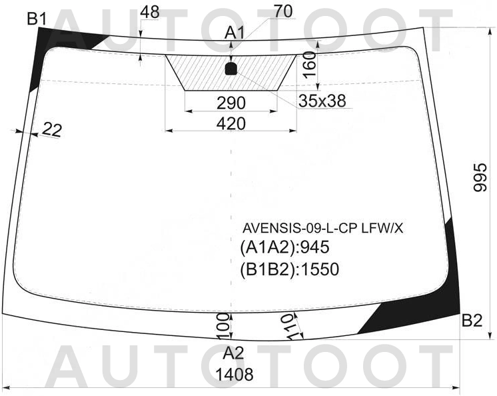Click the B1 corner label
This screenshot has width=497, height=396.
pos(37,19)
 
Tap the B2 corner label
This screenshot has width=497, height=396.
pos(472,320)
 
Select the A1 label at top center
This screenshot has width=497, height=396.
pos(235,33)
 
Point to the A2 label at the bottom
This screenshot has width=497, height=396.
pos(233,353)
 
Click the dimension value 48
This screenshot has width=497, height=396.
pos(150,13)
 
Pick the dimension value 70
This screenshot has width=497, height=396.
pos(283,11)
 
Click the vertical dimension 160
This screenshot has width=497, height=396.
pos(309,65)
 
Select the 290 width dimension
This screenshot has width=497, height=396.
pos(231,103)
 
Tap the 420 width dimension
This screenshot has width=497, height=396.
pos(231,123)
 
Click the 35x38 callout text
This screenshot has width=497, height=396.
pos(322,101)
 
